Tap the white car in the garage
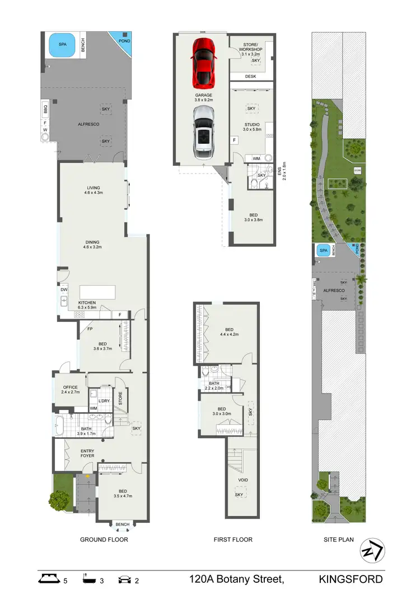coord(204,132)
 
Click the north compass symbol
coord(371,551)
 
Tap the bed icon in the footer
coord(50,578)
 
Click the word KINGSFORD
coord(351,579)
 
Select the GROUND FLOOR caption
coord(104,540)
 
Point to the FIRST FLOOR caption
coord(233,540)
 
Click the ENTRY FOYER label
coord(87,454)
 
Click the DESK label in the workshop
coord(250,76)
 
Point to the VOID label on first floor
coord(243,480)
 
